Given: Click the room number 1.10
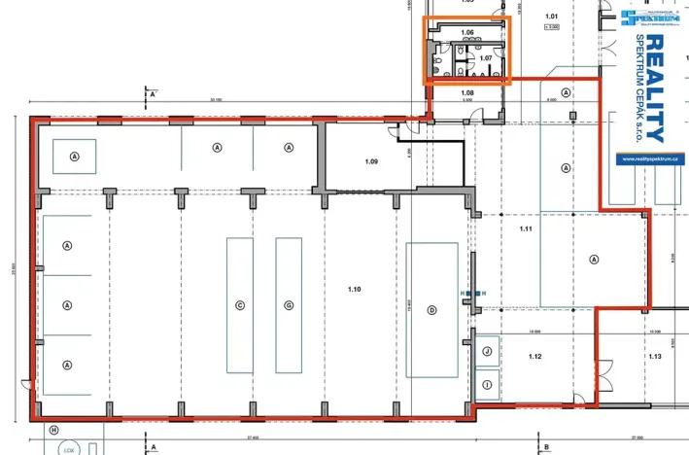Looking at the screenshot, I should click(x=354, y=289).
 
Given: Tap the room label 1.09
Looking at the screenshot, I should click(x=371, y=161).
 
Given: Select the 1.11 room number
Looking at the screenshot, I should click(x=527, y=228).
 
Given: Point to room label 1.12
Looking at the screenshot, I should click(x=534, y=357).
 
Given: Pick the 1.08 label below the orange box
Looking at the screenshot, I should click(x=466, y=92).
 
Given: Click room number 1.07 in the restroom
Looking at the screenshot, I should click(x=487, y=58).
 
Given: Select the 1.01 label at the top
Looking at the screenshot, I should click(x=552, y=17).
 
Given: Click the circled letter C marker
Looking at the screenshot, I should click(x=239, y=305).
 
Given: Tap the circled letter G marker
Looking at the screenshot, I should click(x=289, y=305).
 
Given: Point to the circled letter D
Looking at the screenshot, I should click(x=431, y=310).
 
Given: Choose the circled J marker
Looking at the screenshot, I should click(x=487, y=352).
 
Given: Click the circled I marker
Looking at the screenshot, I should click(x=487, y=385).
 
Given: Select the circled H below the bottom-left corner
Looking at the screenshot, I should click(x=53, y=430).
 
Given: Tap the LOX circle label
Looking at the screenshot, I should click(x=68, y=450).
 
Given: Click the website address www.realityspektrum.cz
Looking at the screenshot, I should click(x=649, y=156).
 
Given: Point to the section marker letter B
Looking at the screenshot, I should click(x=547, y=448).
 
